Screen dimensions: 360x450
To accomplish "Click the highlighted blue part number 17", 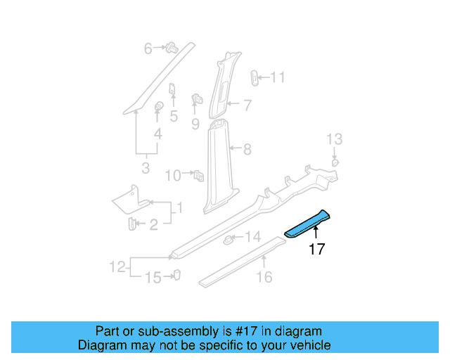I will click(308, 224).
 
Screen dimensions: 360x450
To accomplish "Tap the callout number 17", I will click(316, 249).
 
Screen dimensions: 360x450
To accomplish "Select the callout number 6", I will click(148, 49).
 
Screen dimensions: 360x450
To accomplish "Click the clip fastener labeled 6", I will click(171, 49).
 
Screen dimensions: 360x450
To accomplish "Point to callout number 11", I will click(278, 77).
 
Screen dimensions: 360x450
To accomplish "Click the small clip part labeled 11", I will click(256, 77).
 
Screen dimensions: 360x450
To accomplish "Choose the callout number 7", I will click(247, 105).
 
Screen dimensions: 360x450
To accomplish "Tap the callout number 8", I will click(247, 149).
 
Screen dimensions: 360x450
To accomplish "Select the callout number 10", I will click(172, 174).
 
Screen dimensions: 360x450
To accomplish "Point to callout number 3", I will click(146, 169).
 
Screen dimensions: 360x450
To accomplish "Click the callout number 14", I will click(252, 236).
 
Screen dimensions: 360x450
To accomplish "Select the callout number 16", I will click(264, 278).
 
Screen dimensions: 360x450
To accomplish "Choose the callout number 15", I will click(153, 278).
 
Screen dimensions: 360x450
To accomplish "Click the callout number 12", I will click(117, 266).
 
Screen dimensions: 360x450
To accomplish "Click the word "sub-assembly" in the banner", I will click(174, 331).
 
